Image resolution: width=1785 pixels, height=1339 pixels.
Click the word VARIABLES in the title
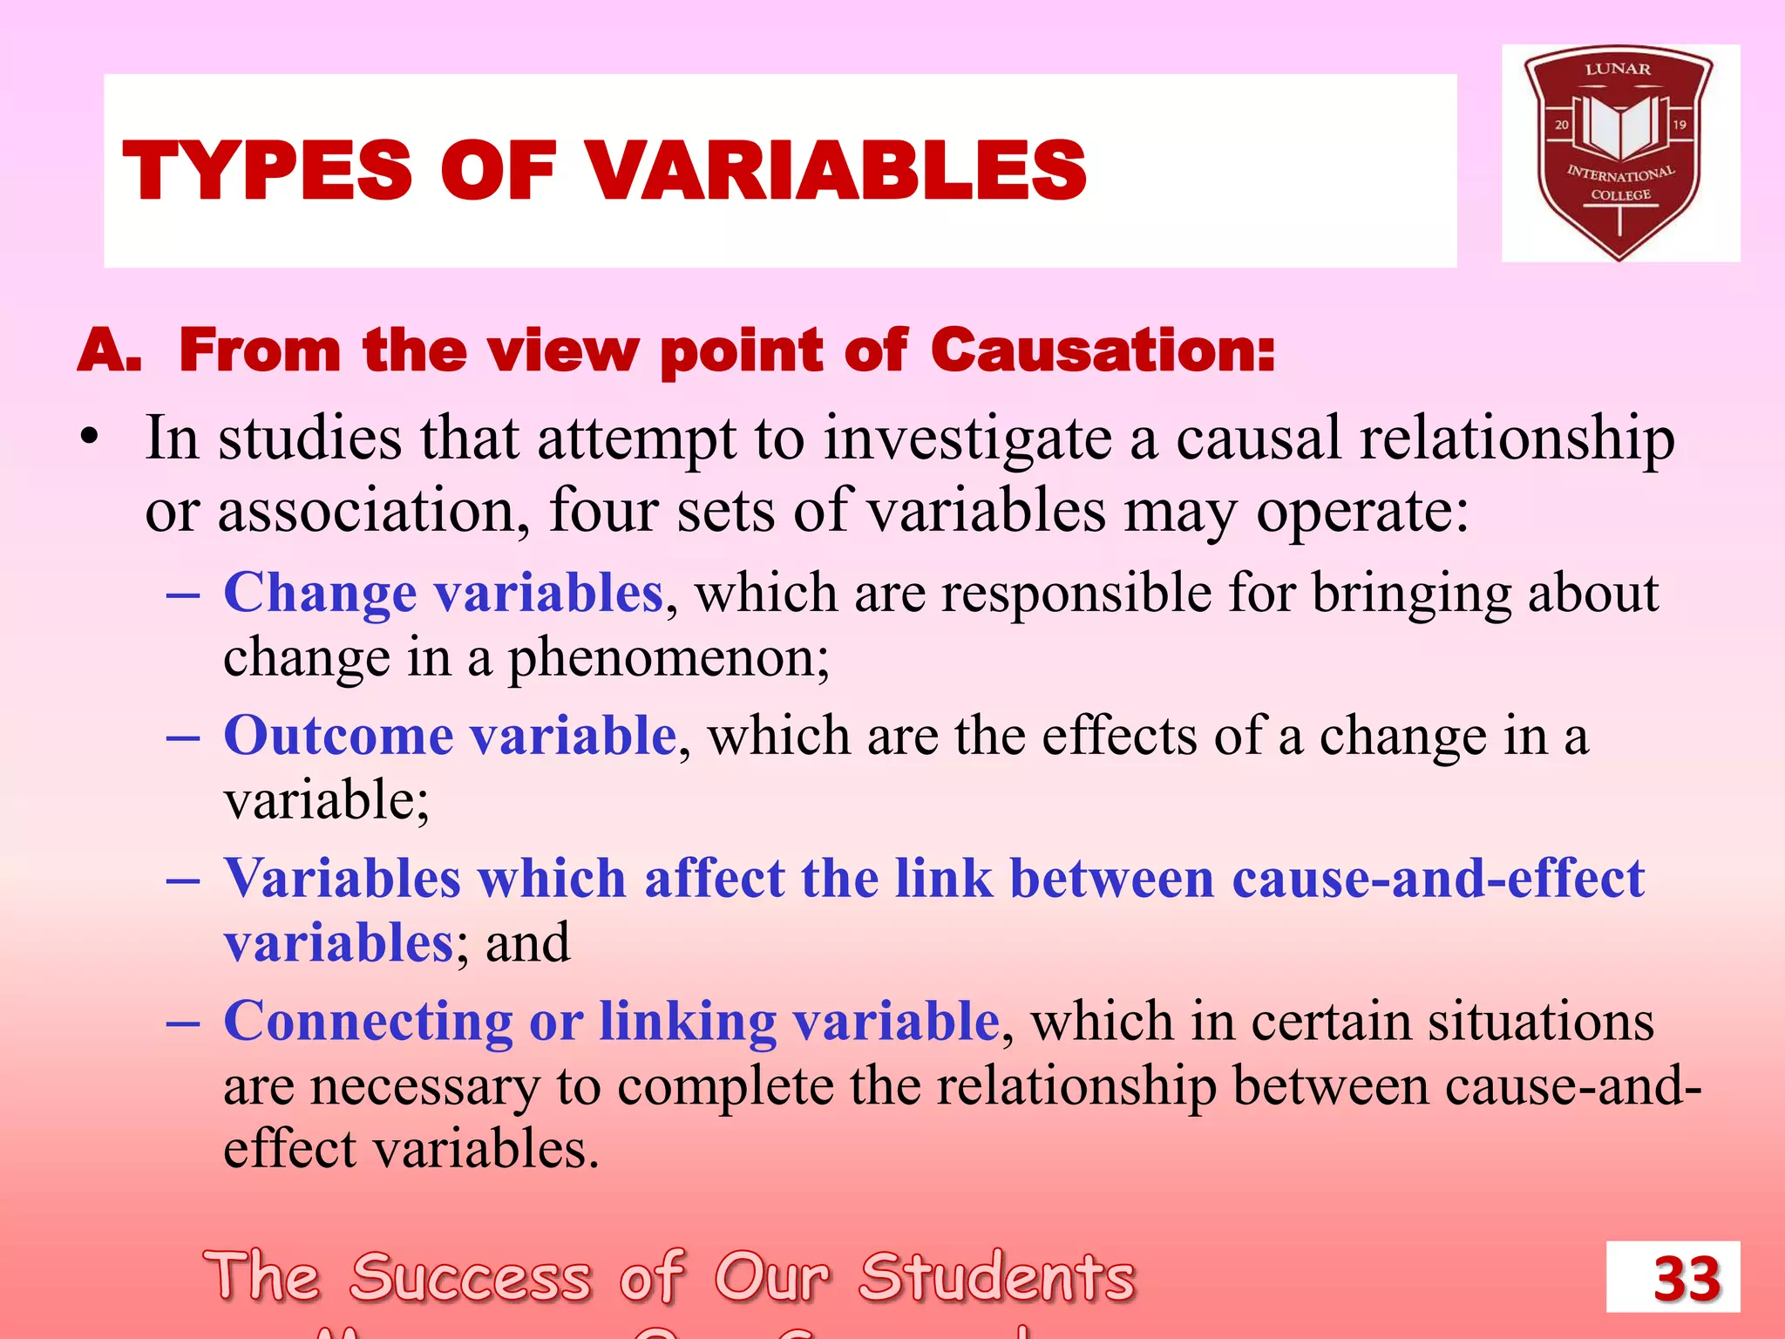click(x=838, y=171)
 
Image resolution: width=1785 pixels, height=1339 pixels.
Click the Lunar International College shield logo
click(x=1619, y=153)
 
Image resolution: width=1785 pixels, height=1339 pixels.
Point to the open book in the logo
click(x=1619, y=126)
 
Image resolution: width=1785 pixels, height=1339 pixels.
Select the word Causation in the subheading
click(x=1103, y=350)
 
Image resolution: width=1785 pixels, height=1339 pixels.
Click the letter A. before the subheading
click(x=110, y=350)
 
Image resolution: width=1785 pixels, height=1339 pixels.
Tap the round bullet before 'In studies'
click(x=88, y=437)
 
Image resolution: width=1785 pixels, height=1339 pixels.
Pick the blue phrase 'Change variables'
click(x=444, y=593)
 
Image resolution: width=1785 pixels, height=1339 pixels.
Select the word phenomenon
click(x=668, y=658)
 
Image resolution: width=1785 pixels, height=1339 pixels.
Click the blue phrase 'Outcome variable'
click(x=450, y=735)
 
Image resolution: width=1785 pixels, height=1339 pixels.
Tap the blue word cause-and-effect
click(x=1438, y=878)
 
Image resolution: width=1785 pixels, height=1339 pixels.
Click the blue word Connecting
click(x=368, y=1021)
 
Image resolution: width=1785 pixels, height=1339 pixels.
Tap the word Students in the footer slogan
click(x=997, y=1277)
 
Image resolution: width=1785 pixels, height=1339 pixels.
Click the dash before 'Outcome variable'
click(x=183, y=737)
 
